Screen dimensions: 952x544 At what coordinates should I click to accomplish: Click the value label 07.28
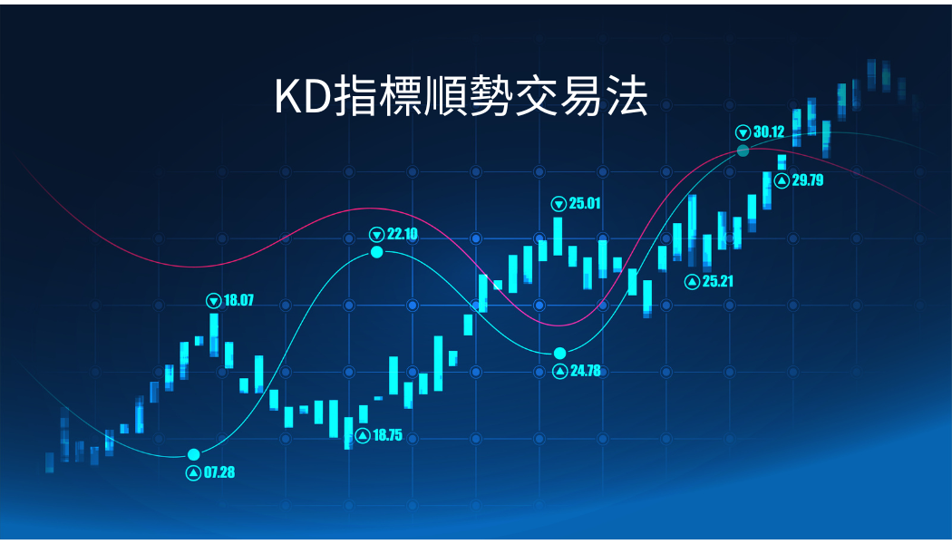pyautogui.click(x=219, y=472)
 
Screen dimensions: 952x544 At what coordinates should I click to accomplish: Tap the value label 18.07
pyautogui.click(x=238, y=300)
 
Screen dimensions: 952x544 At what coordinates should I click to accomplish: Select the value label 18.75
pyautogui.click(x=387, y=435)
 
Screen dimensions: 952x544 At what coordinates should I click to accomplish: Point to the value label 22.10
pyautogui.click(x=403, y=234)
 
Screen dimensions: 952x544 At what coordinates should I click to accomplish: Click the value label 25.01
pyautogui.click(x=585, y=203)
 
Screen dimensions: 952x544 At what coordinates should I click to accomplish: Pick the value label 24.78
pyautogui.click(x=586, y=370)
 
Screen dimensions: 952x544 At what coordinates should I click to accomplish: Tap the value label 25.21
pyautogui.click(x=718, y=281)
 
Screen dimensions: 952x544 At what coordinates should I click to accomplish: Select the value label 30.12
pyautogui.click(x=769, y=131)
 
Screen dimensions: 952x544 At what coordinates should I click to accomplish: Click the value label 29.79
pyautogui.click(x=808, y=180)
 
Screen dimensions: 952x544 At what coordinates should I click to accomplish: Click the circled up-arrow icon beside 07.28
pyautogui.click(x=194, y=473)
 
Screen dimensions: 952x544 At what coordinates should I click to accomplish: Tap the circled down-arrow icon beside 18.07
pyautogui.click(x=214, y=300)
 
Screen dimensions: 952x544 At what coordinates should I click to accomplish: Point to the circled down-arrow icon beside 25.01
pyautogui.click(x=559, y=204)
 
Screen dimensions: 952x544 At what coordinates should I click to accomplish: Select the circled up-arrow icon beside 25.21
pyautogui.click(x=692, y=282)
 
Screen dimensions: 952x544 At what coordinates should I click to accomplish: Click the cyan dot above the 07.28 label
pyautogui.click(x=194, y=455)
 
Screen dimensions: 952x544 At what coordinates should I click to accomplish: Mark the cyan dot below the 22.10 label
pyautogui.click(x=377, y=252)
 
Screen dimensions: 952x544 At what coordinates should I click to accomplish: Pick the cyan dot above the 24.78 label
pyautogui.click(x=559, y=354)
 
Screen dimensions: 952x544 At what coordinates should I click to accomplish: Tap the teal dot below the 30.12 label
pyautogui.click(x=743, y=151)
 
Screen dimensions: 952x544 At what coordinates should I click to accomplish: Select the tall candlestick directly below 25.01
pyautogui.click(x=558, y=236)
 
